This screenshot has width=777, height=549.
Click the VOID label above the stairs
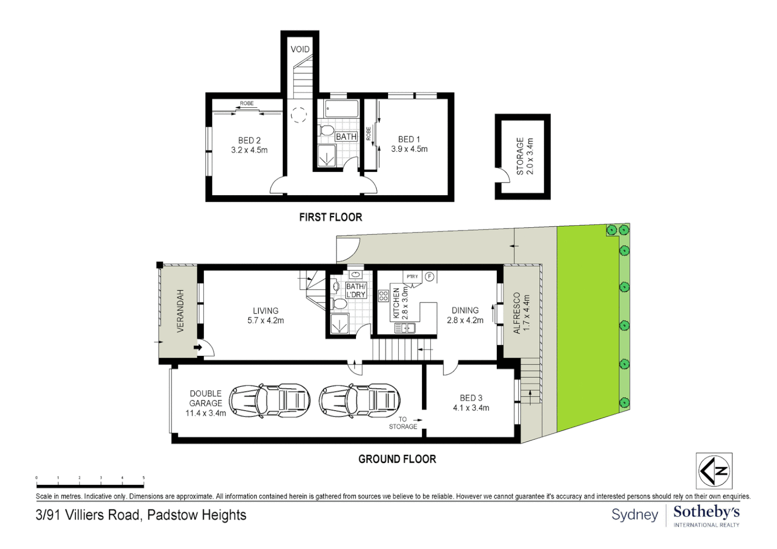(x=300, y=49)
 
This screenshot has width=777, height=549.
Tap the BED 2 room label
(x=249, y=140)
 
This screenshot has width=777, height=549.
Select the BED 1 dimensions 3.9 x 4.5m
(x=409, y=149)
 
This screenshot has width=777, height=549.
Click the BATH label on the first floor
(x=346, y=137)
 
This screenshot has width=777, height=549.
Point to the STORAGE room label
(x=520, y=156)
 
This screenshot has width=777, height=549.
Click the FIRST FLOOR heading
(x=331, y=218)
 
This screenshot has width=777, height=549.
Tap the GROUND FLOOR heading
(x=397, y=460)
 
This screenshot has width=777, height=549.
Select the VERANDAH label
(x=180, y=311)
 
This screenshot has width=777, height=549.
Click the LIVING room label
(x=265, y=311)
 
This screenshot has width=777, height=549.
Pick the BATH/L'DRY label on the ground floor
(x=355, y=291)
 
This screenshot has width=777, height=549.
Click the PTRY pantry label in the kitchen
(x=412, y=277)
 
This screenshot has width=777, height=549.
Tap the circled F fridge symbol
(x=430, y=277)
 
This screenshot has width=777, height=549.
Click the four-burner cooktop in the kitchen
(x=383, y=296)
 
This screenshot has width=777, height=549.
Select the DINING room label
(x=465, y=310)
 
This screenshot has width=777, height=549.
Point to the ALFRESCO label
(x=517, y=313)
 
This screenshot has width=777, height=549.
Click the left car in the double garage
(x=270, y=401)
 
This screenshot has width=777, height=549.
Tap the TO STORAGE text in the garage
(x=403, y=423)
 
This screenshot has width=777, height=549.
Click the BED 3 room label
(x=471, y=398)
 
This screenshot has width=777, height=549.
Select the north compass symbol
(x=714, y=471)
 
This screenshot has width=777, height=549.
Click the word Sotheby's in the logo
(x=706, y=512)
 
